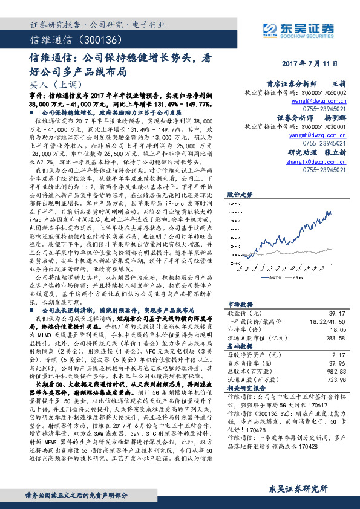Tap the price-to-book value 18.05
[x=338, y=330]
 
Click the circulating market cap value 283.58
[x=335, y=339]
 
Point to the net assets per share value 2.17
[x=339, y=355]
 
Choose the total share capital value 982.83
[x=336, y=372]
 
